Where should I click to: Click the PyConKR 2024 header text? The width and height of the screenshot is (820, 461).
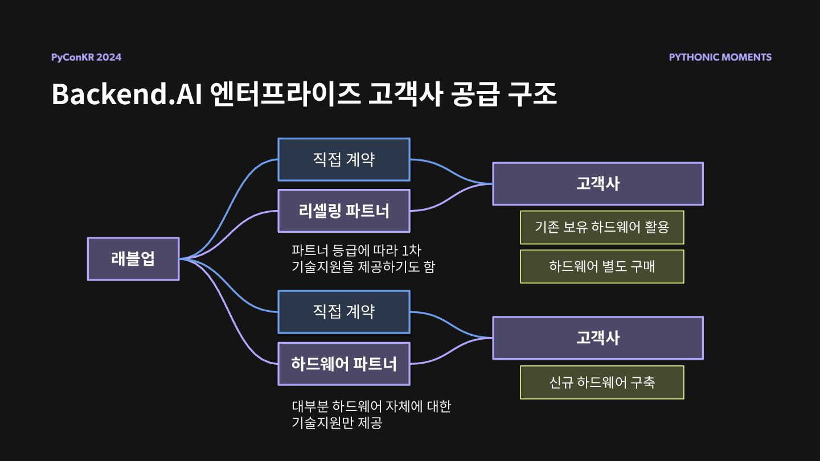(x=86, y=57)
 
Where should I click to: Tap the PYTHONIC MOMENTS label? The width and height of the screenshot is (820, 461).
(x=720, y=57)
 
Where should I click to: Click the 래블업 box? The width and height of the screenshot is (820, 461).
(x=133, y=259)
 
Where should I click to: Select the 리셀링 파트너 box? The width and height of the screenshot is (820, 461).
(x=344, y=211)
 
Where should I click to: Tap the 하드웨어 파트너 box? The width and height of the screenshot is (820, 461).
(x=344, y=364)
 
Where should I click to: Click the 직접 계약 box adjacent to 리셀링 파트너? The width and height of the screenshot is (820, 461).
(x=344, y=159)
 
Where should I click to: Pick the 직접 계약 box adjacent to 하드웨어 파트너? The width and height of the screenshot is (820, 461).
(x=344, y=312)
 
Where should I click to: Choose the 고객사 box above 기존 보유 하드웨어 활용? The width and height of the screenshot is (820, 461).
(x=598, y=184)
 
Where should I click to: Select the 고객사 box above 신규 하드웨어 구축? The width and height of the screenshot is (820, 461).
(x=598, y=338)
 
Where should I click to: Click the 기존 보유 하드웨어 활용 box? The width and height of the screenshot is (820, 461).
(x=602, y=228)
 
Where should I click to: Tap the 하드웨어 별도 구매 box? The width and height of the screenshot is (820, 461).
(x=602, y=266)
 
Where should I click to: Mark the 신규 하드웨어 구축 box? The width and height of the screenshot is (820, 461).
(x=602, y=382)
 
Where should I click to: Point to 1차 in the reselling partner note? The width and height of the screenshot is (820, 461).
(x=411, y=250)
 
